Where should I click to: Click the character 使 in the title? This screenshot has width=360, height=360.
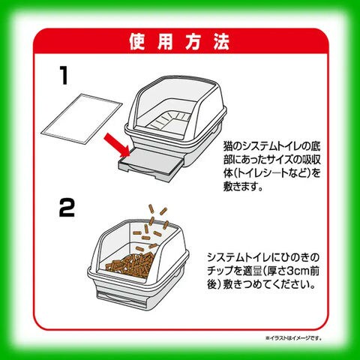pos(137,41)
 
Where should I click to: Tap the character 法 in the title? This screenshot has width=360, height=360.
pos(220,41)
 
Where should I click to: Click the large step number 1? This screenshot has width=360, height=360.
pos(63,75)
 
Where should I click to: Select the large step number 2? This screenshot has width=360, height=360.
pos(67,208)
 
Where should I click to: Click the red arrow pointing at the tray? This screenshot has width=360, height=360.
pos(116,145)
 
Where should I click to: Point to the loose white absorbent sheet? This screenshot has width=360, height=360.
pos(82,118)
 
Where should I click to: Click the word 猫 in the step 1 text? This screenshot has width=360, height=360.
pos(228,146)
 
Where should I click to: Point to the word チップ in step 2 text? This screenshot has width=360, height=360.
pos(221,271)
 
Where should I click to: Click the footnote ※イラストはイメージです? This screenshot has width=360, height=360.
pos(293,338)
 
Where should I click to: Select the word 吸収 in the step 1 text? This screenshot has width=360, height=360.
pos(310,160)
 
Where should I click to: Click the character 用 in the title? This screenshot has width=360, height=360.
pos(165,41)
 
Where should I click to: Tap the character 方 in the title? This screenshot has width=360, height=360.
pos(193,41)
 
